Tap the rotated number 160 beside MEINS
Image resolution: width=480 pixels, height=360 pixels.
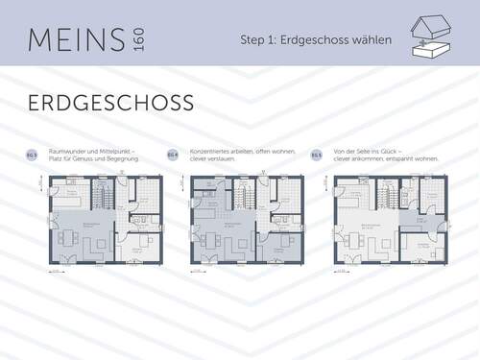[140, 39]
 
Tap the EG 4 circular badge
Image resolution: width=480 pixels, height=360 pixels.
[173, 154]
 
